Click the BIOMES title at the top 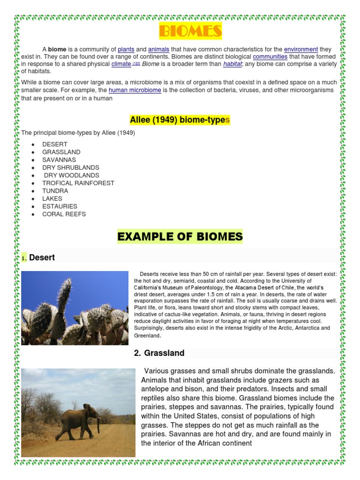click(x=190, y=31)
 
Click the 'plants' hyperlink click(x=126, y=49)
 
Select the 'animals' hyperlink click(x=158, y=49)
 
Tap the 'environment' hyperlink click(x=301, y=49)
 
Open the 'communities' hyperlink click(x=270, y=57)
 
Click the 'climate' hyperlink click(x=121, y=64)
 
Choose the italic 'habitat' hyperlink click(x=232, y=64)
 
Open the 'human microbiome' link click(x=135, y=90)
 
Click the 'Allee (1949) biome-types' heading click(x=180, y=120)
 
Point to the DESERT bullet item click(x=55, y=144)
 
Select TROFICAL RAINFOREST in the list click(x=78, y=183)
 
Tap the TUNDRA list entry click(x=55, y=191)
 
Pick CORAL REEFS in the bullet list click(x=64, y=214)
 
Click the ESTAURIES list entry click(x=60, y=206)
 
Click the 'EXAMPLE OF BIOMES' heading click(x=180, y=237)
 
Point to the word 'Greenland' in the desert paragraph click(x=147, y=336)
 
